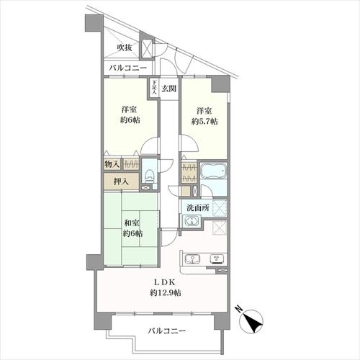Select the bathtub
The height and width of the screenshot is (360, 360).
[213, 173]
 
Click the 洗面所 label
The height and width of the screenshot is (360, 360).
[197, 208]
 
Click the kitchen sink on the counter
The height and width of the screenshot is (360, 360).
[193, 259]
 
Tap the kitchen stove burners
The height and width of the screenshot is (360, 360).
[215, 259]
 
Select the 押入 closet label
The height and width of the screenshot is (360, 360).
[121, 181]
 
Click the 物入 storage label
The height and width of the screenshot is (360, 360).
[112, 165]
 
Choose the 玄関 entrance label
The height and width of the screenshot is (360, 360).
[168, 88]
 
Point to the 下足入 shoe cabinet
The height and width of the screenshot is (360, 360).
[154, 88]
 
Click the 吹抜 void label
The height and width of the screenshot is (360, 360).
[125, 48]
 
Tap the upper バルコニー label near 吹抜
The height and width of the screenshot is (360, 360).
[128, 68]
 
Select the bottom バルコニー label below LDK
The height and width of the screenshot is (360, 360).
[167, 332]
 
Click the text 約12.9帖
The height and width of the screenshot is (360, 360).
[166, 294]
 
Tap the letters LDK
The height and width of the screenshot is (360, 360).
[166, 282]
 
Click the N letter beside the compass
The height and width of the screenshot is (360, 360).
[238, 310]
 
